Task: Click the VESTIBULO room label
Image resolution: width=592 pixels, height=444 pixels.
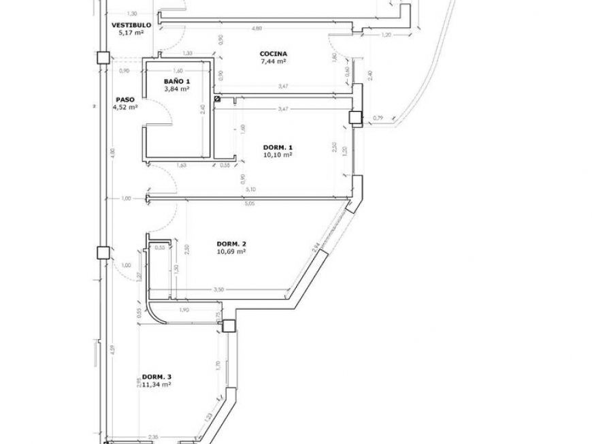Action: [x=131, y=25]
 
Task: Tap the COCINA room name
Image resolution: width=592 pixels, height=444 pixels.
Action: [x=273, y=54]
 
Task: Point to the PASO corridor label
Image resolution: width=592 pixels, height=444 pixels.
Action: [x=124, y=99]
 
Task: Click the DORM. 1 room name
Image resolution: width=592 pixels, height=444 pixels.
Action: [x=278, y=147]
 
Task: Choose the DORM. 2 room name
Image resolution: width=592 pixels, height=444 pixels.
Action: [x=231, y=244]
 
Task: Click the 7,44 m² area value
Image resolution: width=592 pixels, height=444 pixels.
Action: [x=273, y=61]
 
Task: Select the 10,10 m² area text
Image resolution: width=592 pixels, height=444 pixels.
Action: [x=278, y=155]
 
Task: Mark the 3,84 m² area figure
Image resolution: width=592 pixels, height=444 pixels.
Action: [x=176, y=89]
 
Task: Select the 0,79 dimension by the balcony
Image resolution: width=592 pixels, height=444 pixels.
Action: [x=378, y=118]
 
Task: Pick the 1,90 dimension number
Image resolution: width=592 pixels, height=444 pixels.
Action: [x=183, y=310]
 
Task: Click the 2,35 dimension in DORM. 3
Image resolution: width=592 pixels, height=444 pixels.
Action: [x=154, y=437]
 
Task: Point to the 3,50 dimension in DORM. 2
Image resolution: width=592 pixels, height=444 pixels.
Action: [x=218, y=290]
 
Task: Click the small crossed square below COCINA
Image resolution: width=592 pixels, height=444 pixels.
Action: [x=216, y=99]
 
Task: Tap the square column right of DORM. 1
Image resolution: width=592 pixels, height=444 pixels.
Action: [x=355, y=118]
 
